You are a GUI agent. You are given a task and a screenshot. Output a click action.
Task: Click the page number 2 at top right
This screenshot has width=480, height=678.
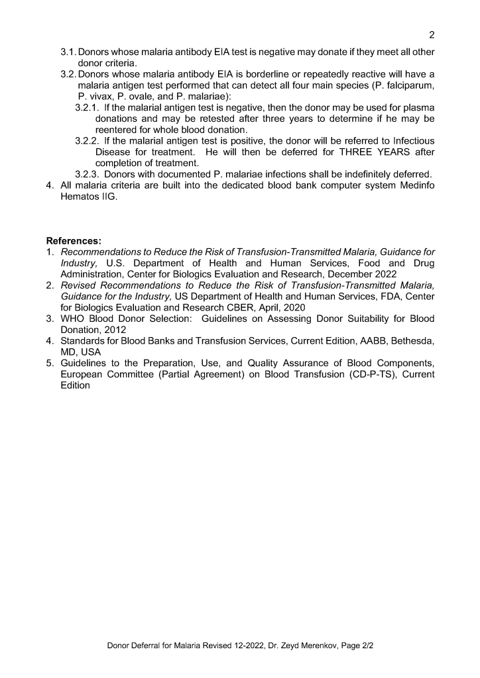tap(431, 35)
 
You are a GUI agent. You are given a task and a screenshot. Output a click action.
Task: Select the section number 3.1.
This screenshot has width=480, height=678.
tap(68, 52)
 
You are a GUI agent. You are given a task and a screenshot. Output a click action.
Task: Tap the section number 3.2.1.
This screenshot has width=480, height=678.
tap(87, 107)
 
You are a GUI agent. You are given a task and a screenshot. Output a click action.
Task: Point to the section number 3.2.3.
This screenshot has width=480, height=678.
tap(87, 174)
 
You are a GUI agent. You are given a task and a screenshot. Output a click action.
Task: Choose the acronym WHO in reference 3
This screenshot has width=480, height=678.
tap(73, 318)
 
